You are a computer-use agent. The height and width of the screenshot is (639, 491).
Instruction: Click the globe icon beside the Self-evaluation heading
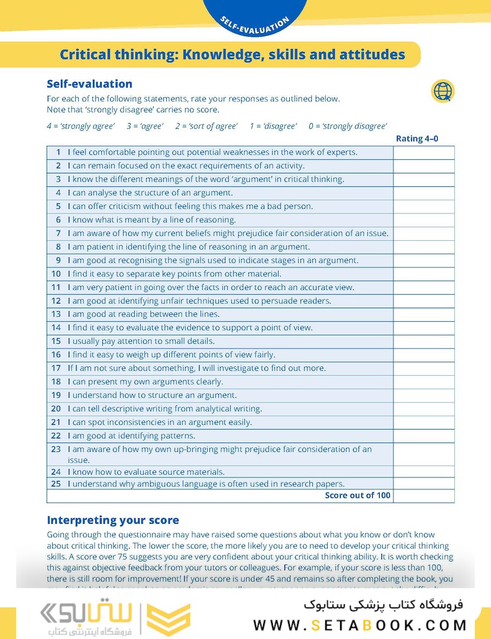coord(442,91)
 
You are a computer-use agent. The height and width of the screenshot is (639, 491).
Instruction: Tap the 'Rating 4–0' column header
coord(417,139)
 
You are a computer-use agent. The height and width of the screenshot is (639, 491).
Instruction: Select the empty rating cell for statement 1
coord(424,153)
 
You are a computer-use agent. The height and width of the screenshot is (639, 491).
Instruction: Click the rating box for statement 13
coord(424,314)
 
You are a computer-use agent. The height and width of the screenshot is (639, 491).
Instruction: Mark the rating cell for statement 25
coord(424,483)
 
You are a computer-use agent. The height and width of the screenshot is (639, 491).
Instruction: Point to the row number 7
coord(58,233)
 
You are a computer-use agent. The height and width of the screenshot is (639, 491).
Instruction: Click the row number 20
coord(56,409)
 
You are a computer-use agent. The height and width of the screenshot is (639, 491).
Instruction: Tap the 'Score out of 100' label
coord(358,496)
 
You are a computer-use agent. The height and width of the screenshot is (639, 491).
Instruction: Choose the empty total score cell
coord(424,496)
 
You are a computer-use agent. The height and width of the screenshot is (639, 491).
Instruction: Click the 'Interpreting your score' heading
coord(112,521)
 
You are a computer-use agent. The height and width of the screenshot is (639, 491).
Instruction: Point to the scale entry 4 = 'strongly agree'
coord(80,126)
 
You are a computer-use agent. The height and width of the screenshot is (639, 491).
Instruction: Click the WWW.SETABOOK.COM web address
coord(360,625)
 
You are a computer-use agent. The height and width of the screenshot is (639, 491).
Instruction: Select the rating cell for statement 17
coord(424,368)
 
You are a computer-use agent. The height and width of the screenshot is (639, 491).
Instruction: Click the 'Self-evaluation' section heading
coord(89,84)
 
